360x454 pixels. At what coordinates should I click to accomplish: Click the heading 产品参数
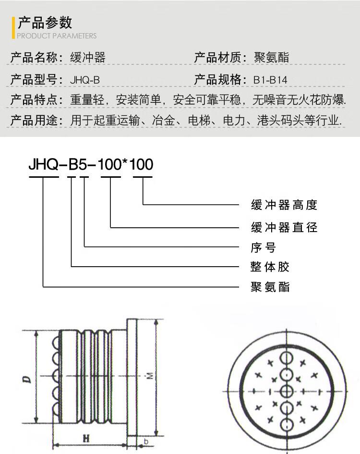(x=45, y=23)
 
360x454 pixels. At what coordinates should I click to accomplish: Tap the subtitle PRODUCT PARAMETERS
(x=57, y=36)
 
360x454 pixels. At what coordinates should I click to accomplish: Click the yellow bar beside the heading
(x=13, y=28)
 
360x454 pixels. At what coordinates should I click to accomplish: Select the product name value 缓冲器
(x=88, y=57)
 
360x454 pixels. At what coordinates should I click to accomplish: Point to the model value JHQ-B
(x=85, y=80)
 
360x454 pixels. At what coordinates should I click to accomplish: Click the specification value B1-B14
(x=270, y=80)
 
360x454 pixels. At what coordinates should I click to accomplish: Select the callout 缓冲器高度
(x=284, y=205)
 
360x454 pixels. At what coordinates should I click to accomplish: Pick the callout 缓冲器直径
(x=284, y=227)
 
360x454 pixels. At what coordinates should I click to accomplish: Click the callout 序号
(x=264, y=247)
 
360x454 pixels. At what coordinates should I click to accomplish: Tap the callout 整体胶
(x=270, y=267)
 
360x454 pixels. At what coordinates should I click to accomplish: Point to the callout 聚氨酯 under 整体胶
(x=270, y=287)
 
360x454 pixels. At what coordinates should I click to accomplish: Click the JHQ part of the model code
(x=43, y=164)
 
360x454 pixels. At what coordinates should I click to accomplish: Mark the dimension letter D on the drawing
(x=27, y=380)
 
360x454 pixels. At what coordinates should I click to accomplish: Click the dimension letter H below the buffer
(x=86, y=439)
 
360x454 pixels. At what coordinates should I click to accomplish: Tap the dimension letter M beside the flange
(x=150, y=376)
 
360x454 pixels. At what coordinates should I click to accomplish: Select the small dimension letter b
(x=146, y=442)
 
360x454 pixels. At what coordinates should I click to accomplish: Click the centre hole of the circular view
(x=286, y=391)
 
